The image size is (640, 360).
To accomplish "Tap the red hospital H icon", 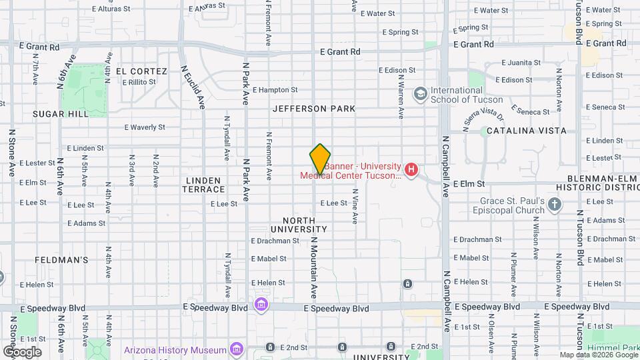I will click(411, 170).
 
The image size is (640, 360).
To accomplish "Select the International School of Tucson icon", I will click(420, 93).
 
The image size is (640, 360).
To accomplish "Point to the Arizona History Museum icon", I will click(235, 349).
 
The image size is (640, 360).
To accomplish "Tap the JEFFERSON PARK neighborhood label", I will click(314, 108).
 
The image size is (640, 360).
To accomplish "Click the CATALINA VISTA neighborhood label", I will click(527, 131).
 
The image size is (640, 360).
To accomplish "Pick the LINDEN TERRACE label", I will click(203, 185).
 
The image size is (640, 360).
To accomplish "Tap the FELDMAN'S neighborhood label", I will click(62, 260).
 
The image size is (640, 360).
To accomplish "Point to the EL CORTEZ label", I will click(141, 71).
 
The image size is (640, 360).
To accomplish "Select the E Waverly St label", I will click(145, 127).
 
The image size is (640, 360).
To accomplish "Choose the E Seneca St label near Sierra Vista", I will click(530, 109).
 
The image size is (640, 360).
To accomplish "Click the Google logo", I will click(22, 351).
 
